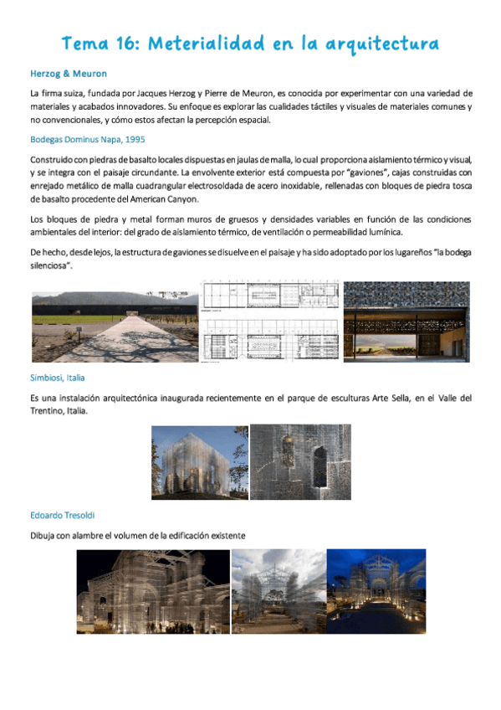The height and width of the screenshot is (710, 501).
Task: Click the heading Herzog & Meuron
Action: click(68, 74)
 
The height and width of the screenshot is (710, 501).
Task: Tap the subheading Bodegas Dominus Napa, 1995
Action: click(88, 139)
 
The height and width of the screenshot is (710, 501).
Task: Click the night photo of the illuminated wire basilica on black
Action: click(151, 591)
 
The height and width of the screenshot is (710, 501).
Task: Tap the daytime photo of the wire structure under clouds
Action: click(278, 591)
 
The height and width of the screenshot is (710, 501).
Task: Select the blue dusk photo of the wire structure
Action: click(376, 591)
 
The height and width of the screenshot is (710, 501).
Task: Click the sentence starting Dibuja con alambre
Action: click(137, 535)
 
